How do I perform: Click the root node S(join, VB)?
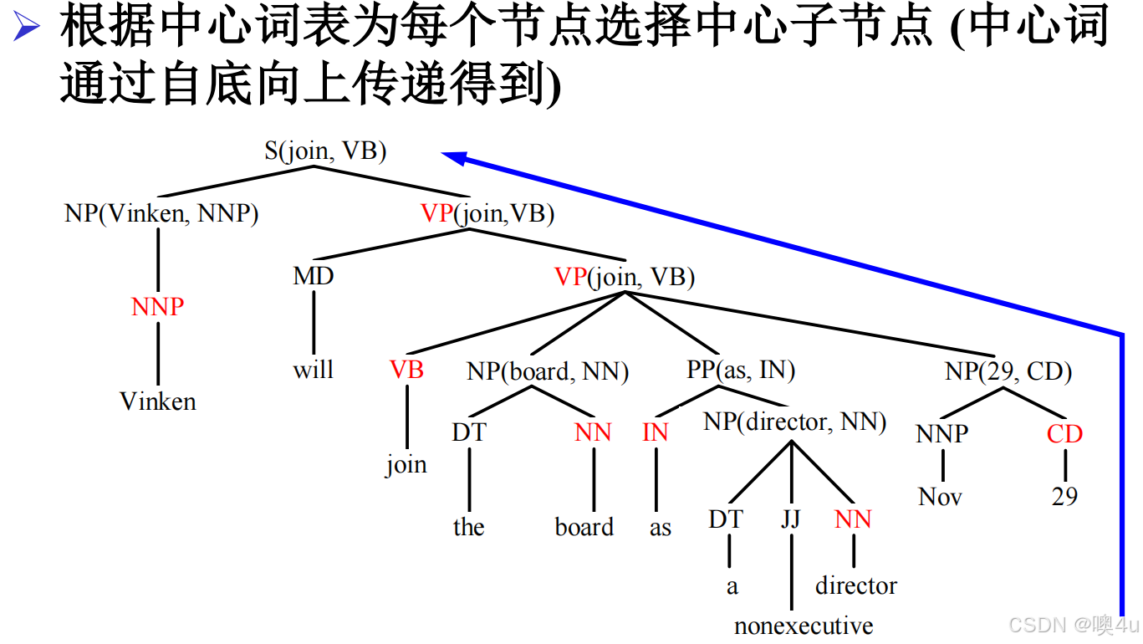point(325,151)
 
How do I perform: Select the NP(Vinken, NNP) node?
point(161,213)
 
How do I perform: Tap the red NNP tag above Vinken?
point(157,307)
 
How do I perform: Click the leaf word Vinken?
point(158,401)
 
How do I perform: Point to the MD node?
point(314,276)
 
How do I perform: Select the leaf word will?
point(313,370)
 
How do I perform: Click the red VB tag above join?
point(406,370)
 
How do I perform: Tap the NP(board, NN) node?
point(548,371)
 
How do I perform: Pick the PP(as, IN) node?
point(741,370)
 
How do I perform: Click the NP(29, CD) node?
point(1008,371)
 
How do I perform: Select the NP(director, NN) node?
point(794,422)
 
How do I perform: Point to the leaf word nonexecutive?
point(804,626)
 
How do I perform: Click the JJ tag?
point(790,519)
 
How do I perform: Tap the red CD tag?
point(1064,434)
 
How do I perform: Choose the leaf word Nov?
point(940,497)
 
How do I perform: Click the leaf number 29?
point(1064,497)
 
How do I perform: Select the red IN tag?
point(656,432)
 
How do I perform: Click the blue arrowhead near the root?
point(452,156)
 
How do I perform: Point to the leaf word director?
point(856,585)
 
